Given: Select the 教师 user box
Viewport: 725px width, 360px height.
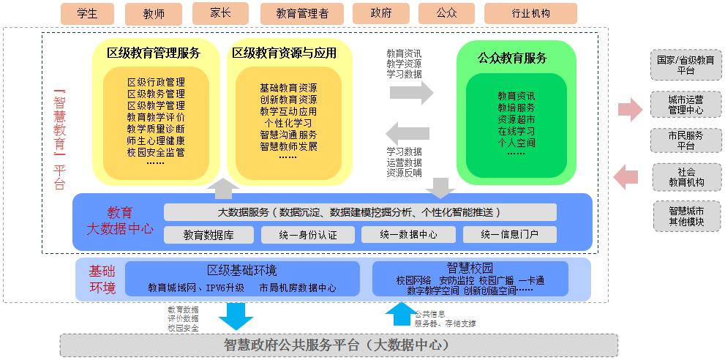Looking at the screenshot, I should click(x=154, y=14).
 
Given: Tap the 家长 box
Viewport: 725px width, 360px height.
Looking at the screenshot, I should click(x=220, y=13).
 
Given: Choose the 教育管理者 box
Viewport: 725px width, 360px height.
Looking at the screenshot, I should click(x=302, y=14).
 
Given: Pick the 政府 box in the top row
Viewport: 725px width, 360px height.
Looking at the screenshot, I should click(x=380, y=14).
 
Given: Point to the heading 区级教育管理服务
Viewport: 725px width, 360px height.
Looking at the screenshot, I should click(x=153, y=53).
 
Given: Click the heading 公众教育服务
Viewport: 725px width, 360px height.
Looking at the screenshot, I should click(x=512, y=59).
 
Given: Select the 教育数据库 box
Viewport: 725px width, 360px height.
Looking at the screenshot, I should click(x=209, y=235).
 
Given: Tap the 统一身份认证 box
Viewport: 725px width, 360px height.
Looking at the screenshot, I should click(x=308, y=235).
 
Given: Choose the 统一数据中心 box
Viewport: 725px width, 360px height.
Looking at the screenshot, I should click(x=408, y=235).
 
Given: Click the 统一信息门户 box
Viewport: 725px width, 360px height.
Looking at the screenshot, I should click(x=509, y=235).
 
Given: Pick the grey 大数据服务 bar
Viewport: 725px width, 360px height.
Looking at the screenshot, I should click(x=360, y=212).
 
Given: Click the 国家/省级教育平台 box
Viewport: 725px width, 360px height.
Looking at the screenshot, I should click(x=685, y=65).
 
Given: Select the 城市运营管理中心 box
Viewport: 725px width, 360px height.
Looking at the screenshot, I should click(x=685, y=105).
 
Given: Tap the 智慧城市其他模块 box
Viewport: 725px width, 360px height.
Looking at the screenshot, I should click(x=685, y=216).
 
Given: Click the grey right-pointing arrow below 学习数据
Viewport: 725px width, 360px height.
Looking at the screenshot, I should click(x=411, y=93).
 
